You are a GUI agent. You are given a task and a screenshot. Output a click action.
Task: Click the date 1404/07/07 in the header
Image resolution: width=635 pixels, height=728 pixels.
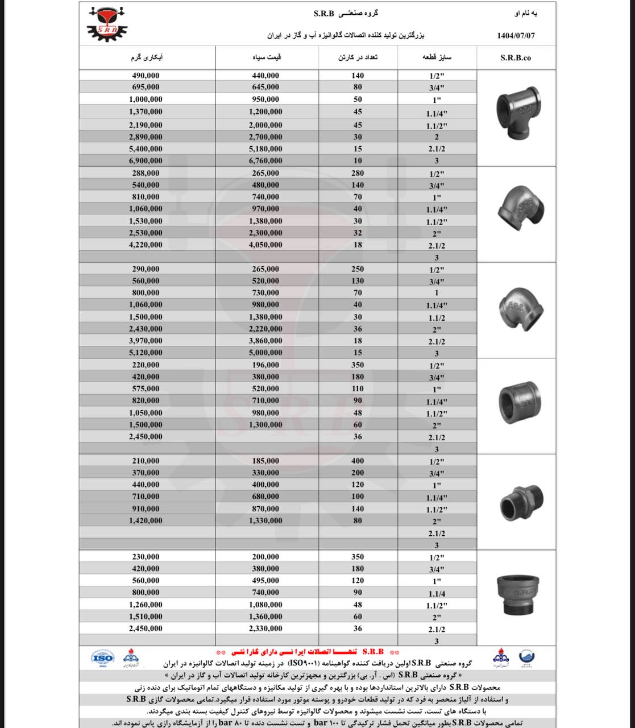[x=516, y=35]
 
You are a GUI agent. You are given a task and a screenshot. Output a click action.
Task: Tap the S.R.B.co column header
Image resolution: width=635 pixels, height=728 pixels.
[x=516, y=58]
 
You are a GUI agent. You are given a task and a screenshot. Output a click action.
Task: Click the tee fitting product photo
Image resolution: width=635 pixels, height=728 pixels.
[x=516, y=114]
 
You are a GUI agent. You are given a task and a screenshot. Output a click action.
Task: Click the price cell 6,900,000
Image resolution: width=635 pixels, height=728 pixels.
[x=146, y=161]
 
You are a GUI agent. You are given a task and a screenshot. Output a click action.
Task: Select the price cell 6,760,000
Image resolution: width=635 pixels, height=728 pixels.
[x=265, y=161]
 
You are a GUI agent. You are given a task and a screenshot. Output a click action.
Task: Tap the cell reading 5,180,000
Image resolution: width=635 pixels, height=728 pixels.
[x=265, y=149]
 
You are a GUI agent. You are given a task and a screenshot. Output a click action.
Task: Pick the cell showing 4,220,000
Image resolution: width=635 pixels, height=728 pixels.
[x=146, y=245]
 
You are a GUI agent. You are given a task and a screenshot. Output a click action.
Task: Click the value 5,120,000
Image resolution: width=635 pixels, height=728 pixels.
[x=146, y=353]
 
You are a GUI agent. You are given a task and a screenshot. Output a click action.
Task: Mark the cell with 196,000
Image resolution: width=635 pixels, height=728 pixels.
[x=265, y=365]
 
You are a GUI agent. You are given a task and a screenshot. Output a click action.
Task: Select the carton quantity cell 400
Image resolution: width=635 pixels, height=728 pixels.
[x=358, y=461]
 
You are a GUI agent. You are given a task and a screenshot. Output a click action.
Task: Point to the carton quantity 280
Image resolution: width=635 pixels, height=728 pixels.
[x=358, y=173]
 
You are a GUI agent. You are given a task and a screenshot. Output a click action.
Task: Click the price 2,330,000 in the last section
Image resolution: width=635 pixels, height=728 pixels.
[x=265, y=628]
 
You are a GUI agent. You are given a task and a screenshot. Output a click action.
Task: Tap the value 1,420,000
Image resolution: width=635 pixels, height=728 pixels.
[x=146, y=520]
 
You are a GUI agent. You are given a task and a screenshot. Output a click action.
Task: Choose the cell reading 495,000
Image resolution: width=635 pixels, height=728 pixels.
[x=265, y=581]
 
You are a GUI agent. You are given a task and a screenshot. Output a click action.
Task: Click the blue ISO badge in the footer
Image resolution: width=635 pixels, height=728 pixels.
[x=102, y=658]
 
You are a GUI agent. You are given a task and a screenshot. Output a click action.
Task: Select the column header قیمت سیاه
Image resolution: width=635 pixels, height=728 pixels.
[x=267, y=58]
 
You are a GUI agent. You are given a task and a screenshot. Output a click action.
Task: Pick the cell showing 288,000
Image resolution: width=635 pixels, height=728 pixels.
[x=146, y=173]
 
